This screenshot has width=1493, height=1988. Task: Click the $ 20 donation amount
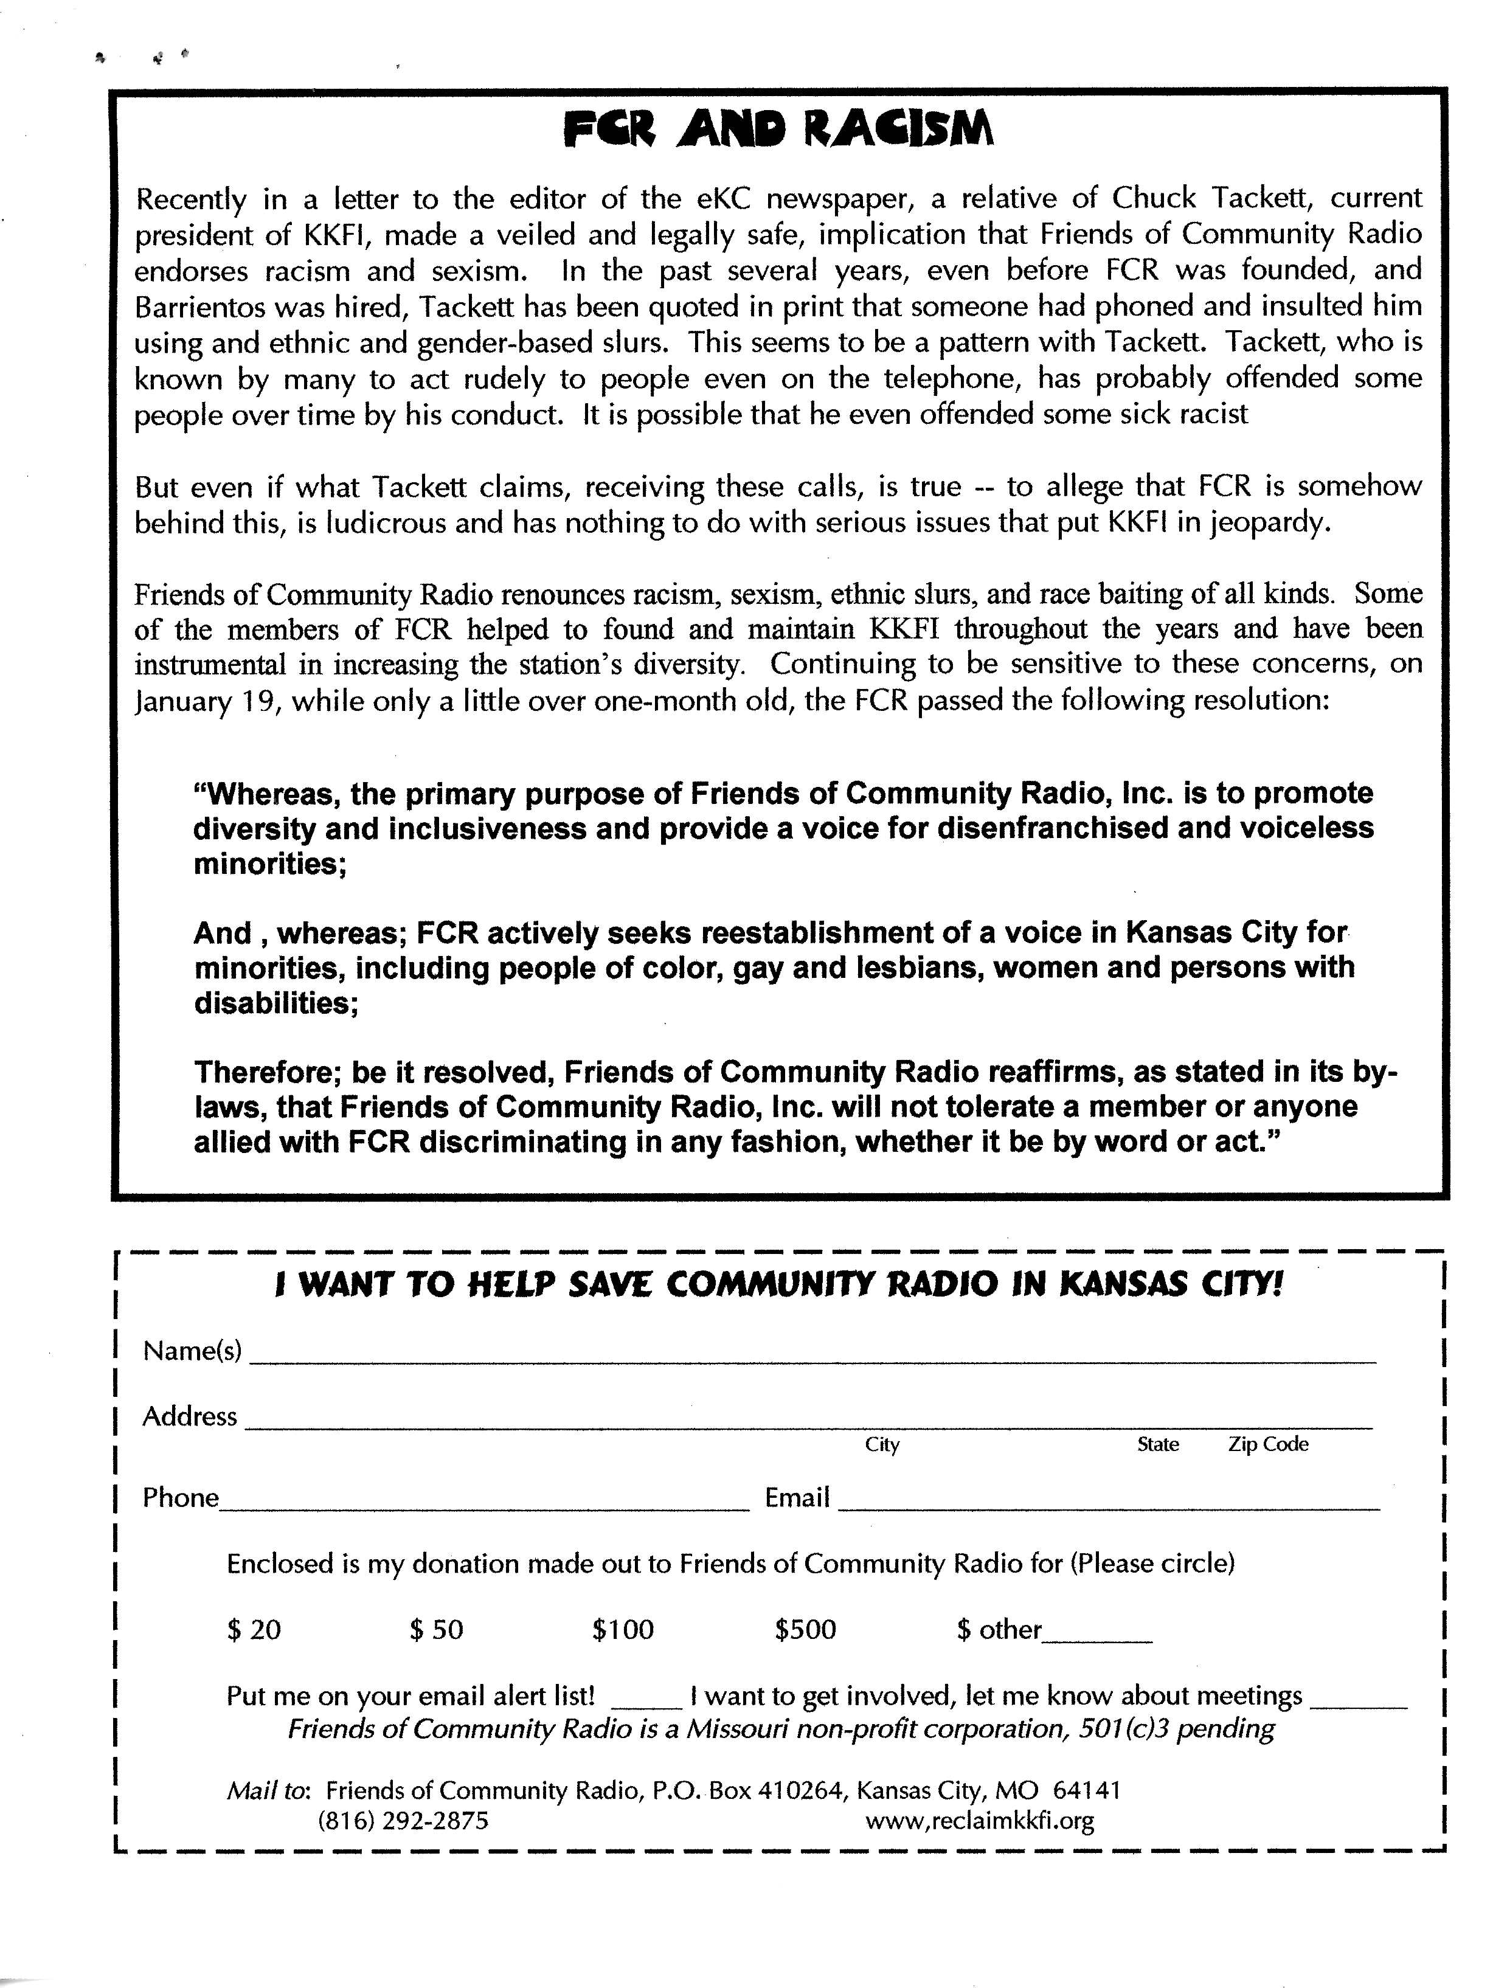pyautogui.click(x=254, y=1629)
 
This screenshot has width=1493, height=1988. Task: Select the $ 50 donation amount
pyautogui.click(x=436, y=1629)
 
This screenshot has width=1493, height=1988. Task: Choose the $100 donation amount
pyautogui.click(x=622, y=1629)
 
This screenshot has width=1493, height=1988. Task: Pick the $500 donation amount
pyautogui.click(x=805, y=1629)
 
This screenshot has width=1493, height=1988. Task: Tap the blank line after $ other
pyautogui.click(x=1096, y=1638)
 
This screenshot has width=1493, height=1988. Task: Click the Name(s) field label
pyautogui.click(x=192, y=1351)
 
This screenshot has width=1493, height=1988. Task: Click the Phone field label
pyautogui.click(x=181, y=1497)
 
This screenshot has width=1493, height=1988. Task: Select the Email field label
pyautogui.click(x=797, y=1497)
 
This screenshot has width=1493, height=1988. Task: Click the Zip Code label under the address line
pyautogui.click(x=1267, y=1444)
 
